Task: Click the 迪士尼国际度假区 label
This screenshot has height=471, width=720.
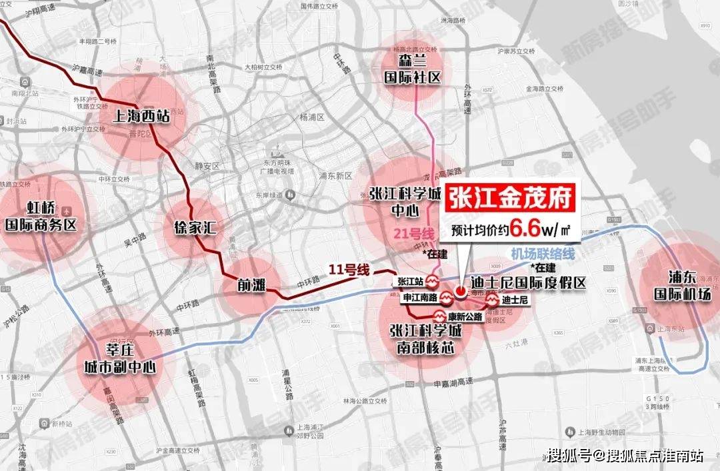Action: (528, 283)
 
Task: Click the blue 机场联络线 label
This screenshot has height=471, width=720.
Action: (543, 254)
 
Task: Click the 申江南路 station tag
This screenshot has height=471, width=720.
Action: (419, 298)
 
